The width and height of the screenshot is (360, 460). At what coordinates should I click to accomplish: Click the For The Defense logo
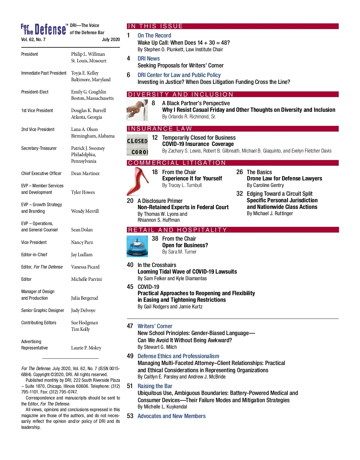[x=43, y=29]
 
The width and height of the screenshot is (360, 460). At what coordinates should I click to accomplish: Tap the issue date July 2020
[x=111, y=40]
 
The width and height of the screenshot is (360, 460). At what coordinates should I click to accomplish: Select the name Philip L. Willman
[x=88, y=54]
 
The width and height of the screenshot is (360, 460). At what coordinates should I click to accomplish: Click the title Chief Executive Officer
[x=41, y=174]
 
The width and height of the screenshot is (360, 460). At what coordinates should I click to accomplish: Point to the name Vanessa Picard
[x=85, y=267]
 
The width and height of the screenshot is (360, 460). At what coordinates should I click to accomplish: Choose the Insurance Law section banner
[x=232, y=129]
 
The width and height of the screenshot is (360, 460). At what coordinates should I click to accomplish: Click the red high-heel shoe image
[x=138, y=181]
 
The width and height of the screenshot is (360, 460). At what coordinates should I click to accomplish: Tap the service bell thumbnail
[x=137, y=246]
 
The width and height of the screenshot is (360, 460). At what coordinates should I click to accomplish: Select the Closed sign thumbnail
[x=137, y=145]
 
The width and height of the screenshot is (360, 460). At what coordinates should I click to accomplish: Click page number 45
[x=130, y=287]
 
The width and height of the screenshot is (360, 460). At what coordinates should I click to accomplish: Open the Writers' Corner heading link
[x=155, y=326]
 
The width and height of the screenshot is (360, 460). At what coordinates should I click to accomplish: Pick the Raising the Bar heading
[x=155, y=386]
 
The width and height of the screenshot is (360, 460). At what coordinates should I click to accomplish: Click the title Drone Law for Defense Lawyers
[x=284, y=179]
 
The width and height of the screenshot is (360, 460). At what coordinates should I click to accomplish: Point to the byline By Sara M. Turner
[x=179, y=252]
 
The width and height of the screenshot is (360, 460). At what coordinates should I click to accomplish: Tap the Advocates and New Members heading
[x=171, y=416]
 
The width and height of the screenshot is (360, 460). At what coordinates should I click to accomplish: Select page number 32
[x=239, y=194]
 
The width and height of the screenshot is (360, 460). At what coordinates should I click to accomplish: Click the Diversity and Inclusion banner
[x=232, y=94]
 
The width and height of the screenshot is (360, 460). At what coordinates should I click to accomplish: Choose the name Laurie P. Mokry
[x=86, y=348]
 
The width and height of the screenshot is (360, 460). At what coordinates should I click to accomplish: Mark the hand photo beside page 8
[x=137, y=110]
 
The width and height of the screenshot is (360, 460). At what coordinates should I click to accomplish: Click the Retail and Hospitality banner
[x=232, y=230]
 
